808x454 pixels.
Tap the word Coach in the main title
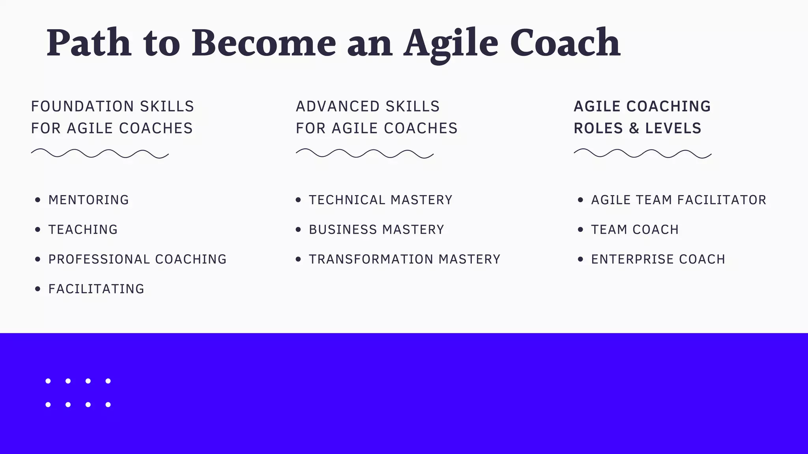(x=565, y=43)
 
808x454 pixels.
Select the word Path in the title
(x=89, y=43)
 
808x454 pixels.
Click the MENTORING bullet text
(x=89, y=200)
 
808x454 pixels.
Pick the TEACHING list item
(x=83, y=230)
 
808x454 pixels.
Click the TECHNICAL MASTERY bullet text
(x=381, y=200)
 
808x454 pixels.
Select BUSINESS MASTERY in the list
(x=377, y=230)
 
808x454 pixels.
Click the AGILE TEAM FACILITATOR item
(x=679, y=200)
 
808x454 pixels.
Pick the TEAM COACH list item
(x=635, y=230)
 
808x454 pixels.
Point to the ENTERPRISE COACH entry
(x=658, y=259)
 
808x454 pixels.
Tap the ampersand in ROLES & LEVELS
(x=634, y=128)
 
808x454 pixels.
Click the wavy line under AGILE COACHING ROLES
(x=642, y=154)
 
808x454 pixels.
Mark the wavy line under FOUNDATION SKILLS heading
(x=100, y=154)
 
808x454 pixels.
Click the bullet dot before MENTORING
(x=37, y=200)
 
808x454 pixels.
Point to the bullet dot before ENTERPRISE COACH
(x=580, y=259)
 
